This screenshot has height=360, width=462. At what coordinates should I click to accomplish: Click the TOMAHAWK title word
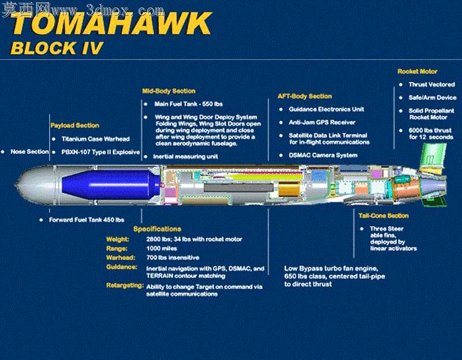coord(111,24)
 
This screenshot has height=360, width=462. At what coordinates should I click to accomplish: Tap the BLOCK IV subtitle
coord(57,48)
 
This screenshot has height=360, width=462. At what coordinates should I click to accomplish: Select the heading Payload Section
coord(75,125)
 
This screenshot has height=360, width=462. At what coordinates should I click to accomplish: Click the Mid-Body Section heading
coord(169,91)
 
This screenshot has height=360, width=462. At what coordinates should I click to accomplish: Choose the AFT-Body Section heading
coord(305,96)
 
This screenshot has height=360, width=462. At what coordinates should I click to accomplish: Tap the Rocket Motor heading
coord(417,71)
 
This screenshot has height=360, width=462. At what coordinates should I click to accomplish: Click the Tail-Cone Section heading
coord(383,216)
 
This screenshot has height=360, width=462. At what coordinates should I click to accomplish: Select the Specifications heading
coord(157,229)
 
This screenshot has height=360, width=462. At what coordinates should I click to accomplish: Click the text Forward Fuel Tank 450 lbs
coord(87,220)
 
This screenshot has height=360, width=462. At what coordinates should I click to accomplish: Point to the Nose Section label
coord(29,152)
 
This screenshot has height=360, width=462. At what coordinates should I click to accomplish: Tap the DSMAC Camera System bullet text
coord(323,155)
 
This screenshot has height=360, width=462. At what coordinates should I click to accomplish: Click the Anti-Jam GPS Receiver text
coord(322,122)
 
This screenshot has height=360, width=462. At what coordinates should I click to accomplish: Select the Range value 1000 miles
coord(162,249)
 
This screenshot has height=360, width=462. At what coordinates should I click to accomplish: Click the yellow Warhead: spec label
coord(121,257)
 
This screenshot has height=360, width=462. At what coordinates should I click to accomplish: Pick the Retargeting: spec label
coord(125,286)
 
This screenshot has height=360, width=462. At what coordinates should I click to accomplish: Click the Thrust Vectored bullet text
coord(431,84)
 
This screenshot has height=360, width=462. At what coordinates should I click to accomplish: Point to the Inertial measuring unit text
coord(185,156)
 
